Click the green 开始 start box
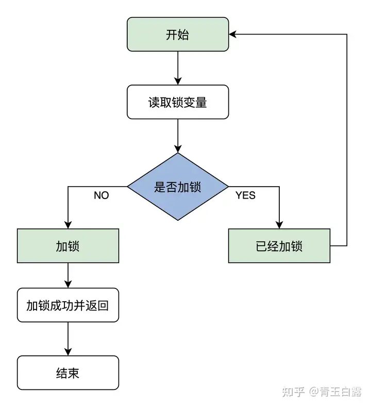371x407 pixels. (x=178, y=34)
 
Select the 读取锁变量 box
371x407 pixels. (x=178, y=102)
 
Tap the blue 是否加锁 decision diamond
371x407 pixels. (x=178, y=187)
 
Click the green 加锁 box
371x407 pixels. (x=68, y=246)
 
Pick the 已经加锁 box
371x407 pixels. (x=279, y=246)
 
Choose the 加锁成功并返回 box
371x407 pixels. (x=68, y=305)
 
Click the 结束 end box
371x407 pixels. (x=68, y=373)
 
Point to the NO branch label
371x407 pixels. (x=102, y=196)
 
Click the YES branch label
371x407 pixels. (x=245, y=196)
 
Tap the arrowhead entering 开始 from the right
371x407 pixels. (x=232, y=34)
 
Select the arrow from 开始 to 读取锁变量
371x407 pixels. (x=178, y=68)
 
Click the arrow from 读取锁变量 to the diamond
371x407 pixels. (x=178, y=136)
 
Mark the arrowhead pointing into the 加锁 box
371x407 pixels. (x=68, y=225)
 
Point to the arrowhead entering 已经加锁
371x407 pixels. (x=279, y=225)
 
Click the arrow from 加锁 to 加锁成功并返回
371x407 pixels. (x=68, y=275)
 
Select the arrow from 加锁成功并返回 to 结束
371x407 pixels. (x=68, y=339)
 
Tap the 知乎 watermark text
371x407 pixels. (x=293, y=392)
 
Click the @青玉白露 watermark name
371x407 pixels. (x=335, y=392)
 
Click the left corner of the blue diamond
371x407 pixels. (x=127, y=187)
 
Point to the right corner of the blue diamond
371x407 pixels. (x=228, y=187)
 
